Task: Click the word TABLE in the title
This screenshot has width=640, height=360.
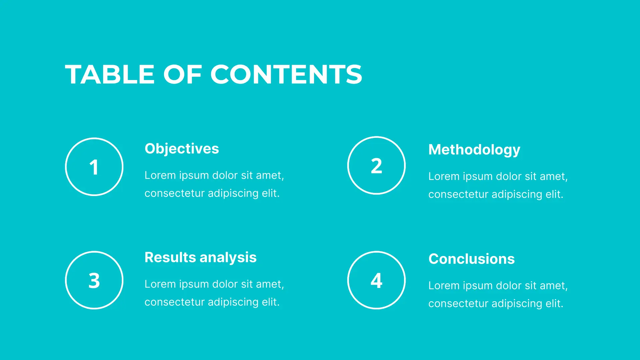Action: (x=110, y=74)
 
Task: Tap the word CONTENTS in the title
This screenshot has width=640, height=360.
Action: (x=286, y=74)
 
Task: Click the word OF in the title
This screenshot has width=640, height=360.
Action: (x=183, y=74)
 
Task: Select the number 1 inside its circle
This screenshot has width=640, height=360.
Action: (x=94, y=167)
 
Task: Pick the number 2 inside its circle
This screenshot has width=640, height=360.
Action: (x=376, y=166)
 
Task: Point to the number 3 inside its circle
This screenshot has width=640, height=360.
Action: (x=94, y=280)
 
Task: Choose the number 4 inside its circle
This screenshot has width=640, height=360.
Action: (x=376, y=280)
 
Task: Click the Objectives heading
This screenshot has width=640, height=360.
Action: (x=182, y=149)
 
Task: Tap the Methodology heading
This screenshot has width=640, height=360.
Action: (x=474, y=150)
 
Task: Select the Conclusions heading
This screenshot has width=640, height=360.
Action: (x=472, y=259)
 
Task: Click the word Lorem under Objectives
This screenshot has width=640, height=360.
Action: (x=160, y=175)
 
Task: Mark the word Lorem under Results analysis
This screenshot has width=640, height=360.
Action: (x=160, y=284)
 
